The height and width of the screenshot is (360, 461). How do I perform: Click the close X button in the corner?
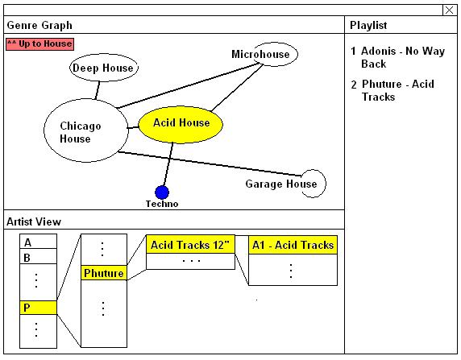[449, 10]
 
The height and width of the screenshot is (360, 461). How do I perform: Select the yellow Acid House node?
[181, 125]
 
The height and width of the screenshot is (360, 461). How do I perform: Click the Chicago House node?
[86, 130]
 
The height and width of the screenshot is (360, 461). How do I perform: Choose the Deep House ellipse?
[103, 68]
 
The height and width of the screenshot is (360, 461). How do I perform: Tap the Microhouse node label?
[260, 54]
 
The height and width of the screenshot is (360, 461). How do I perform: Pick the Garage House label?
[281, 184]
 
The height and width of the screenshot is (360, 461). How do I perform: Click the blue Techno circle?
[162, 192]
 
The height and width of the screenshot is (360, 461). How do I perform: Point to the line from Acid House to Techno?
[168, 164]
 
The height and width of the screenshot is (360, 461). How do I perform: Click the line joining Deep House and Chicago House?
[98, 90]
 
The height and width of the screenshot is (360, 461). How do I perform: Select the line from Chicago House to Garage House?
[210, 163]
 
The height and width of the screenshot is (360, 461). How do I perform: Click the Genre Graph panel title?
[39, 25]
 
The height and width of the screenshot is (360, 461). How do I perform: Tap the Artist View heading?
[34, 221]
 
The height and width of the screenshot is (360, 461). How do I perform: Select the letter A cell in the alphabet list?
[38, 242]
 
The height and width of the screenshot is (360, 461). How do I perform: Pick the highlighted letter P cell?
[38, 308]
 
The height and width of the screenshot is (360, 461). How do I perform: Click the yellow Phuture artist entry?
[104, 273]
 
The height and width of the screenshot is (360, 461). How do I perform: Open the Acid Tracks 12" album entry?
[190, 245]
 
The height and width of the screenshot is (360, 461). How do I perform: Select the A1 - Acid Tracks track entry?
[293, 245]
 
